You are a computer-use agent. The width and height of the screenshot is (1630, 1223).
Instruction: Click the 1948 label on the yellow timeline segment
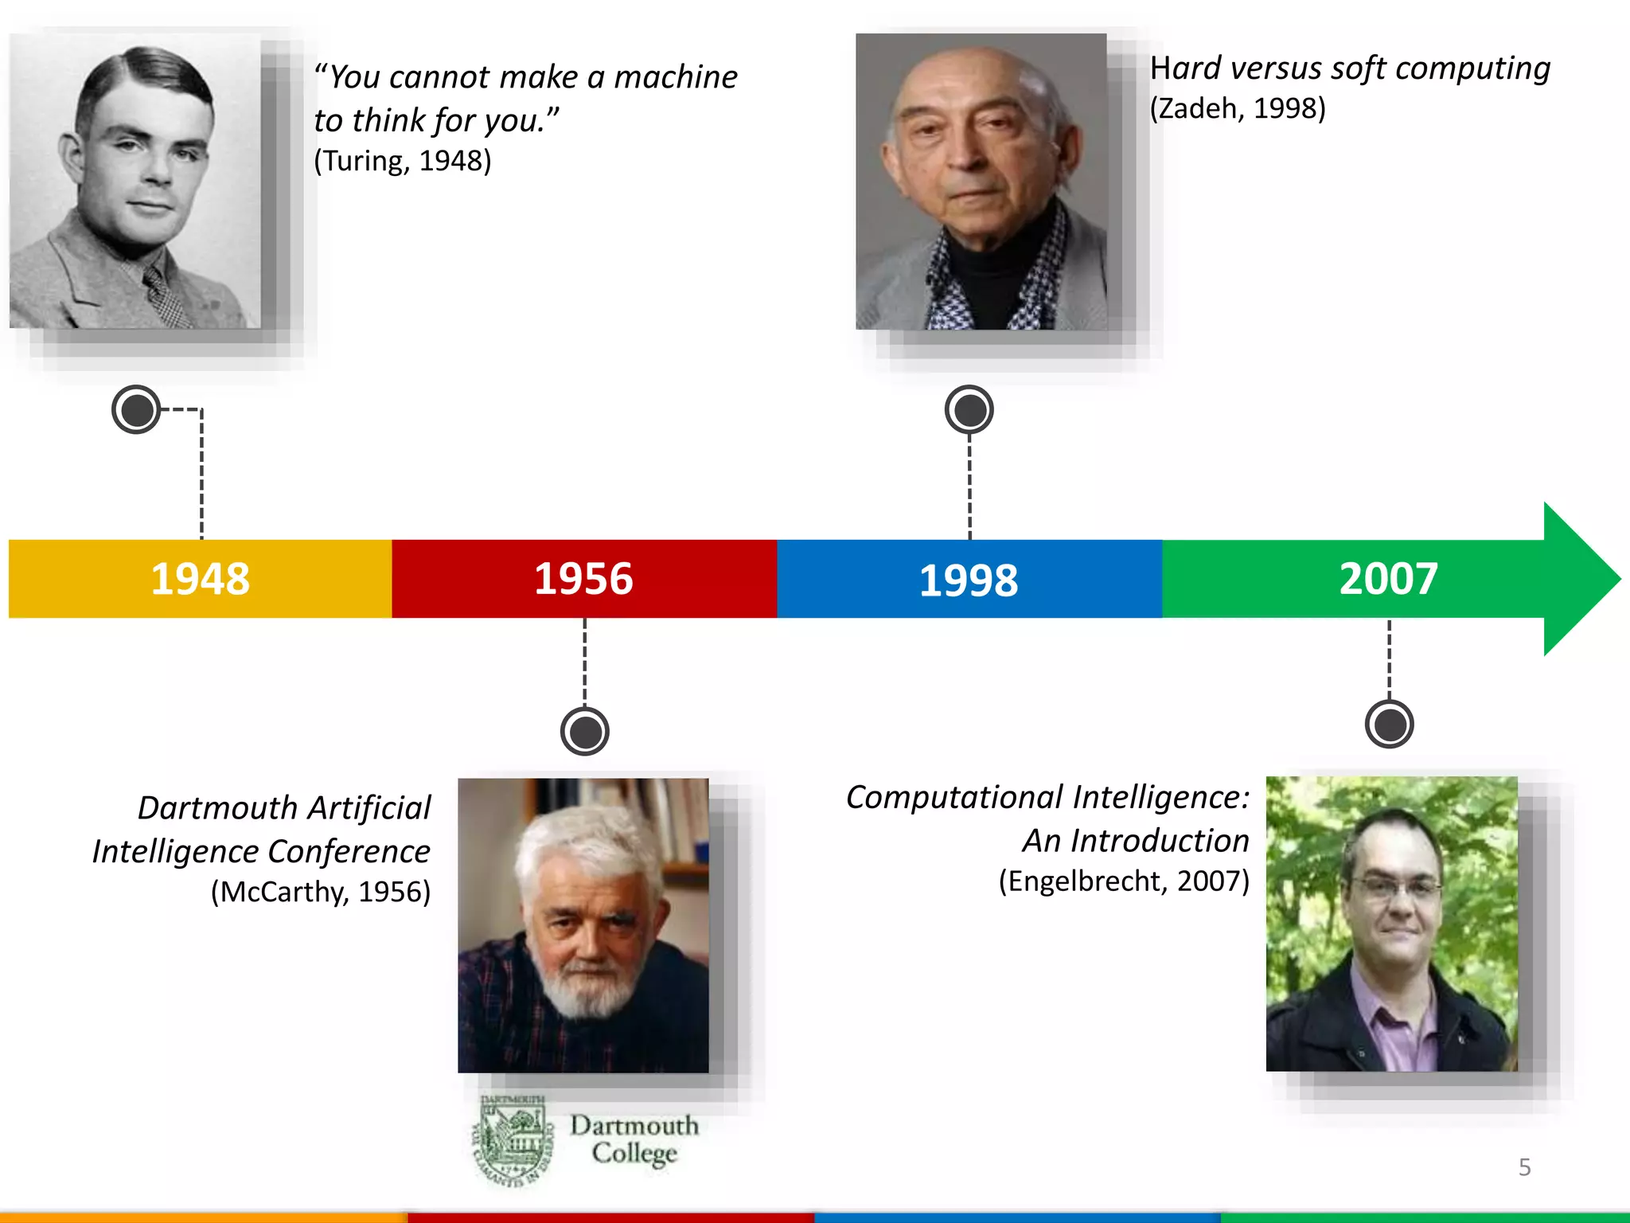(200, 579)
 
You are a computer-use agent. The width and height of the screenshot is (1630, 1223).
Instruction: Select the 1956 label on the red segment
(583, 579)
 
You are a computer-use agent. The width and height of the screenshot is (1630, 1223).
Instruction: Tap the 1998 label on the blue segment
(968, 580)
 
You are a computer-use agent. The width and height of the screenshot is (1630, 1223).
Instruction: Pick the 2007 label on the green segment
(1388, 579)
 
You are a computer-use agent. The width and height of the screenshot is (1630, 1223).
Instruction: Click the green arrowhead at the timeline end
(1580, 579)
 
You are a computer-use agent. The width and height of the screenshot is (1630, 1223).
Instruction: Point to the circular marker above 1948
(136, 409)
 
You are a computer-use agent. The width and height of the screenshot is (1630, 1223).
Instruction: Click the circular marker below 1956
(584, 731)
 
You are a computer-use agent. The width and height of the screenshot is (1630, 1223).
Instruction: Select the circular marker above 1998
(969, 409)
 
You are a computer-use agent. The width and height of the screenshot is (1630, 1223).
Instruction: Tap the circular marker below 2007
(1389, 724)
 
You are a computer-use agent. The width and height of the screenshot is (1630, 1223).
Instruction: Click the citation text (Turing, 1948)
(403, 161)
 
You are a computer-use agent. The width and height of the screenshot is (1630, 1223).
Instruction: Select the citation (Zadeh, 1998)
(1238, 108)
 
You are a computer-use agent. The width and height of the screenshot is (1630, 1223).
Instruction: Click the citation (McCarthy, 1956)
(320, 892)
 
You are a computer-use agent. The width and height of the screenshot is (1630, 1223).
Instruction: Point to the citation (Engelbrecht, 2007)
(1124, 881)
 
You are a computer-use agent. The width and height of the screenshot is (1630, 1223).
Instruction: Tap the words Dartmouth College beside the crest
(634, 1139)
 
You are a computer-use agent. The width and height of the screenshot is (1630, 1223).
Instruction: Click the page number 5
(1524, 1167)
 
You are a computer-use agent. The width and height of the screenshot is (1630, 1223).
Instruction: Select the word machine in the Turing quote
(676, 77)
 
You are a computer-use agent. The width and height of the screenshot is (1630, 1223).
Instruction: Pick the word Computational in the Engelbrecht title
(954, 797)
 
